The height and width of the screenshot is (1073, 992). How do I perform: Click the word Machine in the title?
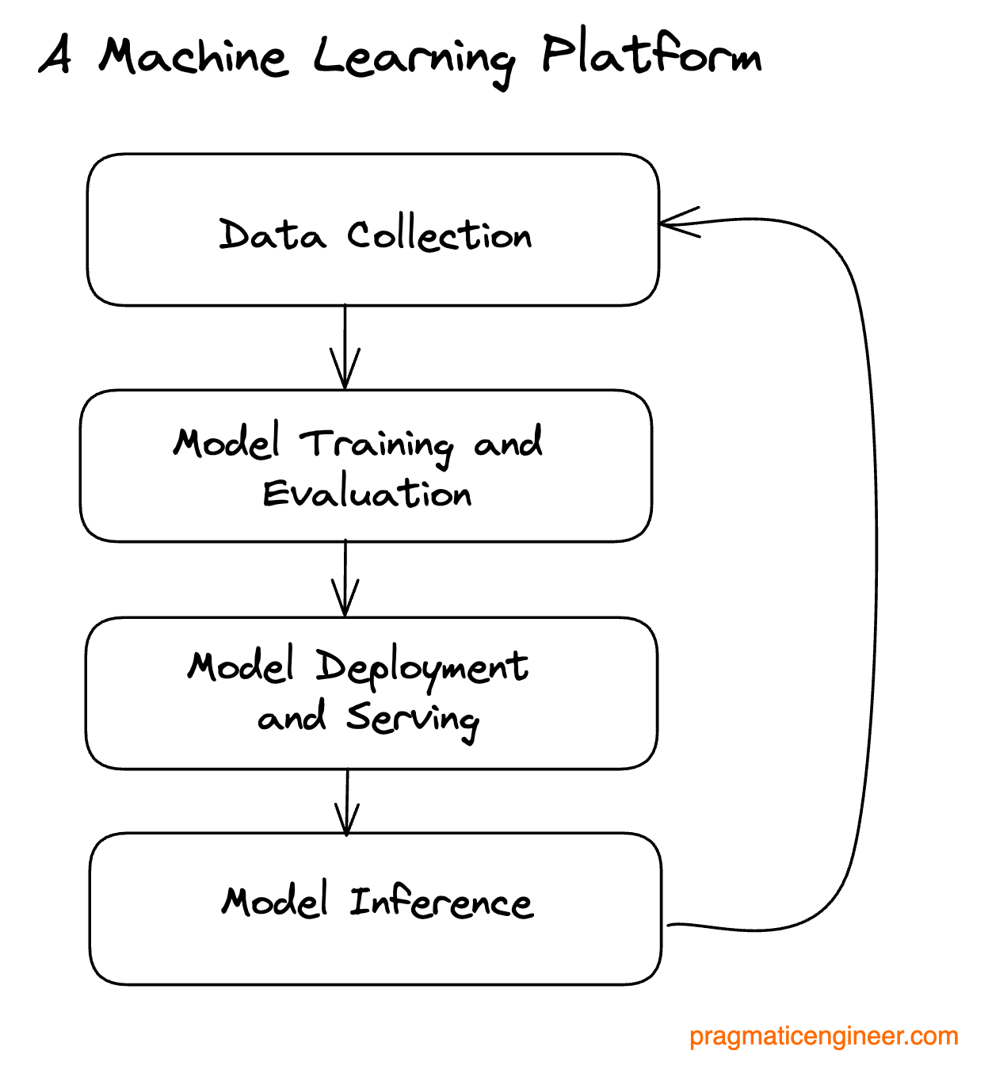[x=193, y=57]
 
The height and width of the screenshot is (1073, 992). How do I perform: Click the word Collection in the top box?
[x=439, y=235]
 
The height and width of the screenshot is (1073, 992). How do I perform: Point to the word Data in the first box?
[x=272, y=235]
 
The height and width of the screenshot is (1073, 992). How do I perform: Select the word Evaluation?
[x=367, y=494]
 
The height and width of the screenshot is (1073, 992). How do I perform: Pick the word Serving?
[x=412, y=719]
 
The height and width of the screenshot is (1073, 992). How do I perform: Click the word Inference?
[x=441, y=903]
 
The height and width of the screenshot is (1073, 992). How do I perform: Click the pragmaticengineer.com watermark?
[x=823, y=1037]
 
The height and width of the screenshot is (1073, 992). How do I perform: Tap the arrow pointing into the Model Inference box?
[x=347, y=802]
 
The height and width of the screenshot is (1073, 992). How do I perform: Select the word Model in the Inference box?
[x=274, y=902]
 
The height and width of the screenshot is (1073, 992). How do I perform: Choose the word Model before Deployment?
[x=241, y=666]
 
